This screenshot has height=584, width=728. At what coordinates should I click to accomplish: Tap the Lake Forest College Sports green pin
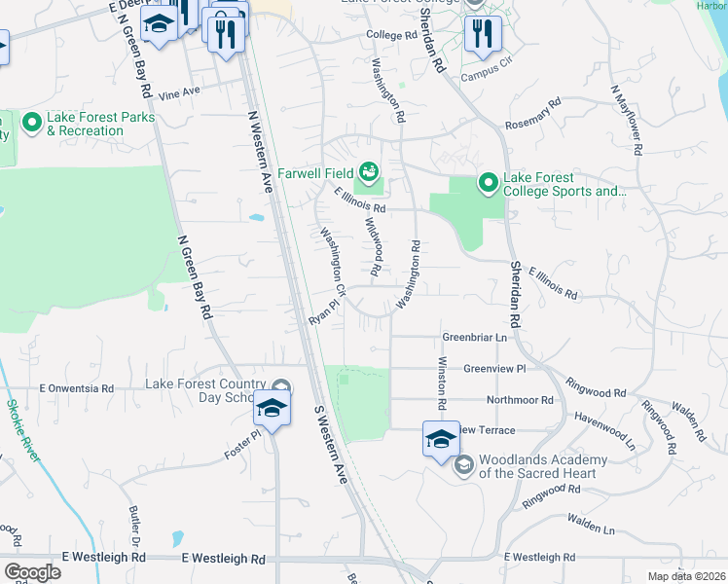[x=487, y=182]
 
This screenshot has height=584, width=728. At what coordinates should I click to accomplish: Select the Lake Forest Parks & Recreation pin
[x=31, y=123]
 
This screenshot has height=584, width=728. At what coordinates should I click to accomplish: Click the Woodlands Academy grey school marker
[x=462, y=465]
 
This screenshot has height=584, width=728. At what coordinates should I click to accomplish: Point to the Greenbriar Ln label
[x=476, y=337]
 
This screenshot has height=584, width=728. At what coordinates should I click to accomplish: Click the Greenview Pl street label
[x=493, y=369]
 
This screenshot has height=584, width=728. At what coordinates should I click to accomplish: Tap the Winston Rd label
[x=442, y=383]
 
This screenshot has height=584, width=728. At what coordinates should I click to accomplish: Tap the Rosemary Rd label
[x=533, y=113]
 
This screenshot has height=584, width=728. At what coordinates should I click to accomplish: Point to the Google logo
[x=32, y=572]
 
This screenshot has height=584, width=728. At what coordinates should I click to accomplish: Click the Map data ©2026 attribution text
[x=685, y=576]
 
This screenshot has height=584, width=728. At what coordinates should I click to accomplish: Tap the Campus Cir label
[x=486, y=73]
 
